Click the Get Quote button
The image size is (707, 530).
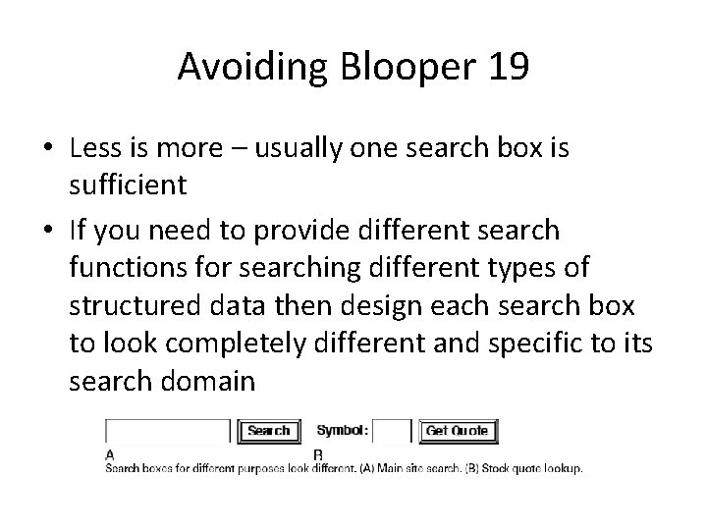tap(458, 431)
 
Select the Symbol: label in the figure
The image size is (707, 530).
tap(343, 431)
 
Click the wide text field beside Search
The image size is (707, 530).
tap(168, 431)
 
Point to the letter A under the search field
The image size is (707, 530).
tap(109, 454)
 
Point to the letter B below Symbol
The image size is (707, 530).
tap(317, 454)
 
